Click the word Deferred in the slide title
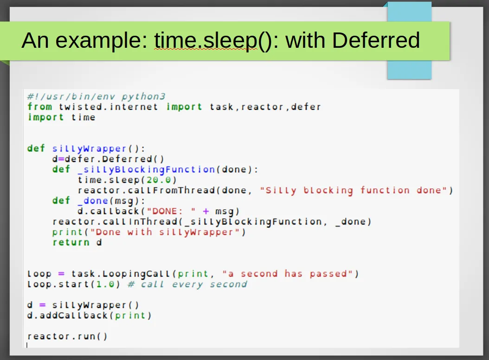point(376,40)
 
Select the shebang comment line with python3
point(96,96)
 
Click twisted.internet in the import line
point(108,107)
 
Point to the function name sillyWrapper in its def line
point(89,148)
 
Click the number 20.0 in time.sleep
point(159,180)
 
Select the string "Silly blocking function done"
point(354,190)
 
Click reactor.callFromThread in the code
point(146,190)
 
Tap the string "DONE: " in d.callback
point(171,211)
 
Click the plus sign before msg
point(206,211)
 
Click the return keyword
point(71,242)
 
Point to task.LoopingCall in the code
point(121,274)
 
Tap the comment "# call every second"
point(187,284)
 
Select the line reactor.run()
point(67,336)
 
